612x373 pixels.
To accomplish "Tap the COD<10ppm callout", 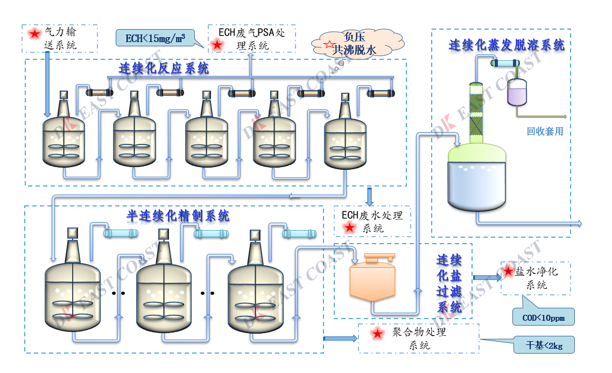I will (x=543, y=317).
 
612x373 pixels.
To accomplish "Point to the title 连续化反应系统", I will (x=164, y=68).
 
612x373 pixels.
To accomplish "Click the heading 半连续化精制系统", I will (x=178, y=216).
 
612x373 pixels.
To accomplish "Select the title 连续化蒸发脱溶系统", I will (x=507, y=45).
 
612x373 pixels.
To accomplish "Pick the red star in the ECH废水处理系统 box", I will (x=350, y=228).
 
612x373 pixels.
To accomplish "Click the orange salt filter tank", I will (x=372, y=280).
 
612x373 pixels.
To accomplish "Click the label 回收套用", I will (x=545, y=131).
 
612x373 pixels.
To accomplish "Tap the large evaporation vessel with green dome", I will (x=477, y=176).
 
